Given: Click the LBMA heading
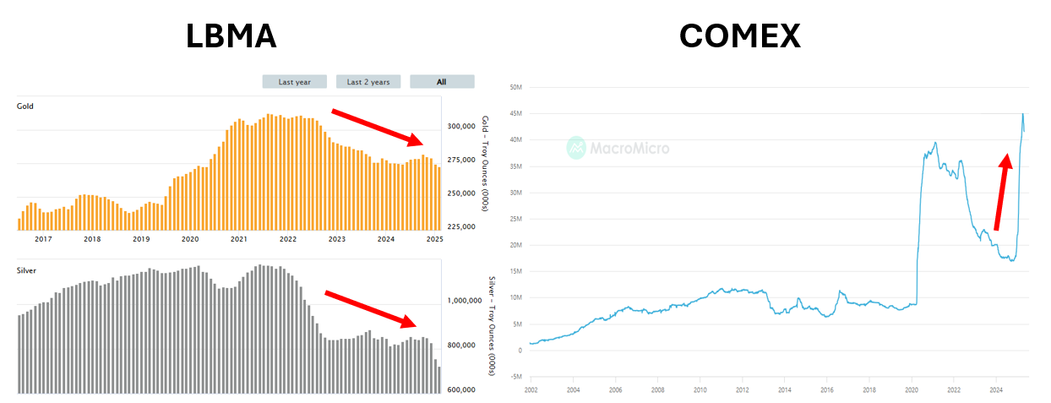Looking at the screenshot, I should [x=231, y=36].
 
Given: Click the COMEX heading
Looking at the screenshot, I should [x=740, y=36].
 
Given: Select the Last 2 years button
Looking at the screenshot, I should [x=368, y=82].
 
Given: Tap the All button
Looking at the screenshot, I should [x=442, y=82].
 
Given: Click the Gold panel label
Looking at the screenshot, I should [x=25, y=106].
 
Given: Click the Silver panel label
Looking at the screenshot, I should [x=26, y=270].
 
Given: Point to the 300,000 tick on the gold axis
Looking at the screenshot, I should [x=463, y=127].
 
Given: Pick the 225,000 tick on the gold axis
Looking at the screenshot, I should [x=463, y=226].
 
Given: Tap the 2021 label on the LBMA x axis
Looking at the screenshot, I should [x=239, y=240].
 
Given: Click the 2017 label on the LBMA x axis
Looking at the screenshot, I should [x=43, y=240].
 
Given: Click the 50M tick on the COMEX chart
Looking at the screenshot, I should [x=515, y=87].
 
